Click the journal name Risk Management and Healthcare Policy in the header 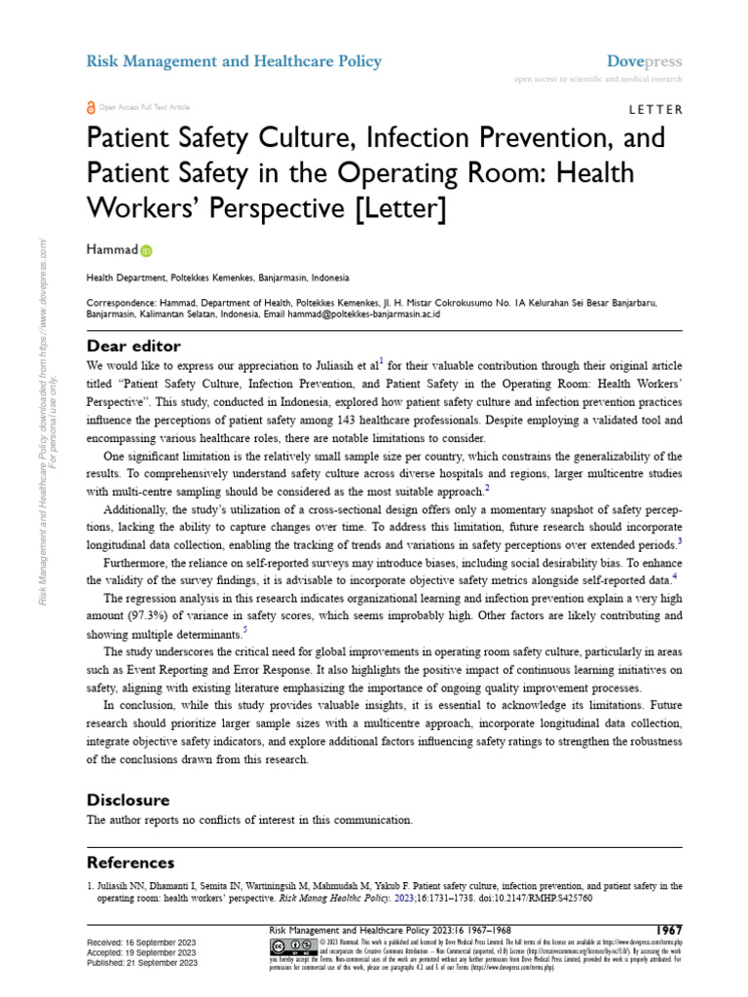[234, 61]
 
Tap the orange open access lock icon [92, 107]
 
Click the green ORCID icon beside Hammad [147, 251]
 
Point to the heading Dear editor [133, 346]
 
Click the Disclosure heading [128, 799]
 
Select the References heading [131, 863]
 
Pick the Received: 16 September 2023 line [141, 943]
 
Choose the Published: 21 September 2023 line [142, 963]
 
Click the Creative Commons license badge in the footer [292, 946]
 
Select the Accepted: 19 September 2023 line [142, 953]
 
